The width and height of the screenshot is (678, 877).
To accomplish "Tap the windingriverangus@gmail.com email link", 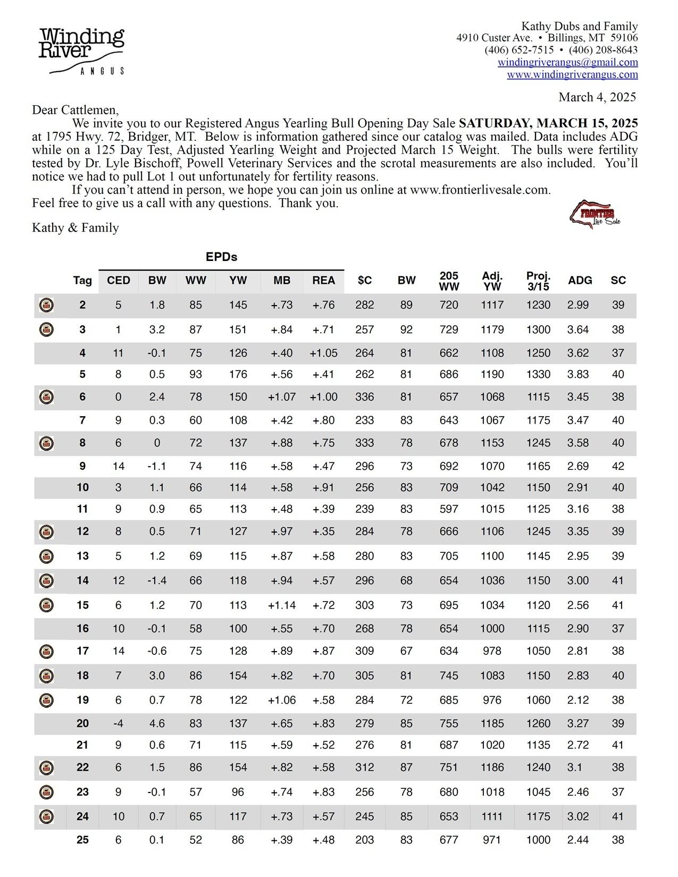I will pos(567,62).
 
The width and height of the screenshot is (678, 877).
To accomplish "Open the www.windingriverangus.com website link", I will pos(572,74).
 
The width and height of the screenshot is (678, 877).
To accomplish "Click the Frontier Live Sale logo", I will pos(595,214).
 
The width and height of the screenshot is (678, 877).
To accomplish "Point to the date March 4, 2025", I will pos(597,97).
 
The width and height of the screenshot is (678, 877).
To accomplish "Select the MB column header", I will pos(282,281).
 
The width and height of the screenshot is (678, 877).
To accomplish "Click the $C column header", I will pos(365,281).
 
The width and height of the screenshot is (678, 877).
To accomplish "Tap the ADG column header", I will pos(580,281).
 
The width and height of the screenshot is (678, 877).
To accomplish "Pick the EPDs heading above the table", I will pos(221,257).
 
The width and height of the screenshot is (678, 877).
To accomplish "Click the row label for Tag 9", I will pos(82,466).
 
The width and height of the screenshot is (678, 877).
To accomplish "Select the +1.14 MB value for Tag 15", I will pos(282,605).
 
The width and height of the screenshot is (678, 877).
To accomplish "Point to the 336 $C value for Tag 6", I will pos(365,397).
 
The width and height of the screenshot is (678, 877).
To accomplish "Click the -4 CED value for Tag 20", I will pos(118,723).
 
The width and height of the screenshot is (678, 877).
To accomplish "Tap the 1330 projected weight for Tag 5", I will pos(538,374).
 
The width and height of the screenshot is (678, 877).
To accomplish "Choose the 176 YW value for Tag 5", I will pos(238,374).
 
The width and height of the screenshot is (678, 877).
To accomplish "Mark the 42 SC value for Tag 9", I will pos(618,466).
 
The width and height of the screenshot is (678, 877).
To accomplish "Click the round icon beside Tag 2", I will pos(47,306).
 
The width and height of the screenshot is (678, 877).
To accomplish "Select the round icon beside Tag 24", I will pos(47,816).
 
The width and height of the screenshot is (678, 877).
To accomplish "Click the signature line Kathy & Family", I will pos(76,228).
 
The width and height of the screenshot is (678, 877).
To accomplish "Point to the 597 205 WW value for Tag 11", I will pos(449,509).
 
